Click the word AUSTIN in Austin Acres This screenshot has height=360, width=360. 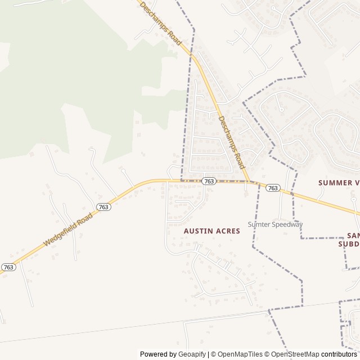click(198, 231)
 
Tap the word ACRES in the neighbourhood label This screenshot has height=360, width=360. click(227, 231)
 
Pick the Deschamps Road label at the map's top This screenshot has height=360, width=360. click(161, 24)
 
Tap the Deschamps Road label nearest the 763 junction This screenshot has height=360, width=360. click(231, 143)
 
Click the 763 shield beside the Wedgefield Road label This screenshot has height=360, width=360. click(103, 206)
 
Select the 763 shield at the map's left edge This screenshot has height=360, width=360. click(8, 267)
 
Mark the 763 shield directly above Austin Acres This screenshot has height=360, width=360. click(209, 181)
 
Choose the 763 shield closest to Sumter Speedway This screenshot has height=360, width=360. click(272, 188)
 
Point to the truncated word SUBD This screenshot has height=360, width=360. click(349, 244)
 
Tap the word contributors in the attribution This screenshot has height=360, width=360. click(340, 354)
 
